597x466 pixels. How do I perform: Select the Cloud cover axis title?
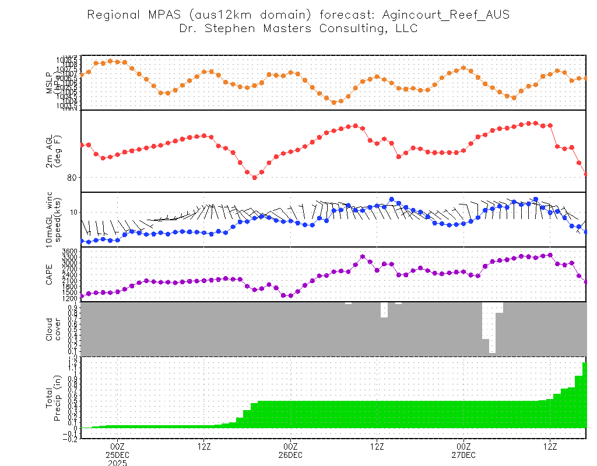pyautogui.click(x=53, y=329)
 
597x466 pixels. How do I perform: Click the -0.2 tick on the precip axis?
pyautogui.click(x=71, y=439)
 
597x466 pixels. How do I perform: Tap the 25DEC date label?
pyautogui.click(x=117, y=454)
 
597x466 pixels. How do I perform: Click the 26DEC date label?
pyautogui.click(x=290, y=454)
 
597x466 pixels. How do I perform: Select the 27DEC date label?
pyautogui.click(x=463, y=454)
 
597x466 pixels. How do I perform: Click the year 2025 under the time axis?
pyautogui.click(x=117, y=463)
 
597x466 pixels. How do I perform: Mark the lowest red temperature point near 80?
pyautogui.click(x=254, y=178)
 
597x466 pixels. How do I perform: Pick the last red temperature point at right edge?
pyautogui.click(x=585, y=174)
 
